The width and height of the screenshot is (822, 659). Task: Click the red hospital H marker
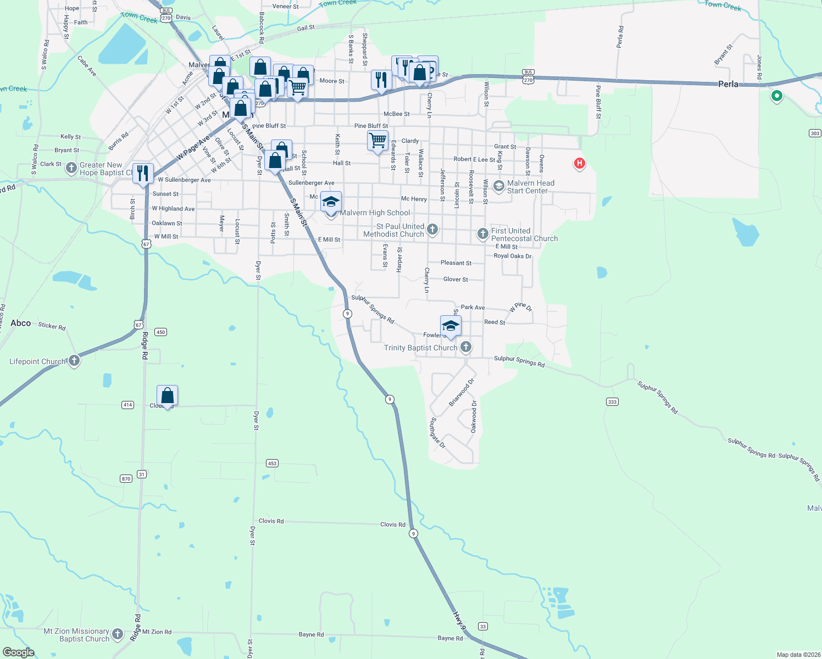tap(579, 163)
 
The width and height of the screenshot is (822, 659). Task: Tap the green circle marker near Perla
tap(776, 96)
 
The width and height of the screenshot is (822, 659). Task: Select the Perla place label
tap(728, 84)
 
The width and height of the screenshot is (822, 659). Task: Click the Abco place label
tap(21, 323)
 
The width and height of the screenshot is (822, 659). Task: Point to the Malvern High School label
tap(375, 213)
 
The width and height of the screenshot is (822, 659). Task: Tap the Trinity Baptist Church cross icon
tap(466, 347)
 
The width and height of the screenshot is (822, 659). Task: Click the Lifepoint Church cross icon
tap(74, 360)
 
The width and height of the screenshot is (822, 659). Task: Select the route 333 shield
tap(612, 402)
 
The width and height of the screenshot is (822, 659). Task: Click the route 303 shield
tap(815, 133)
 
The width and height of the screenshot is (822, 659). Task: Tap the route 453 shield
tap(272, 463)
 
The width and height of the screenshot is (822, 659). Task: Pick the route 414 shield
tap(127, 405)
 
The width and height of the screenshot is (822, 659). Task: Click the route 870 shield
tap(126, 479)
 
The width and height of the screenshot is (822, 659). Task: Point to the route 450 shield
tap(160, 332)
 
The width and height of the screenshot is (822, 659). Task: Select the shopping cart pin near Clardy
tap(377, 141)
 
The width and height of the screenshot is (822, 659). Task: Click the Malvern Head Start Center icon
tap(498, 186)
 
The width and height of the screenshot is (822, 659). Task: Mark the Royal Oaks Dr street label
tap(512, 256)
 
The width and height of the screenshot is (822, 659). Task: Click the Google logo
tap(18, 652)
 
